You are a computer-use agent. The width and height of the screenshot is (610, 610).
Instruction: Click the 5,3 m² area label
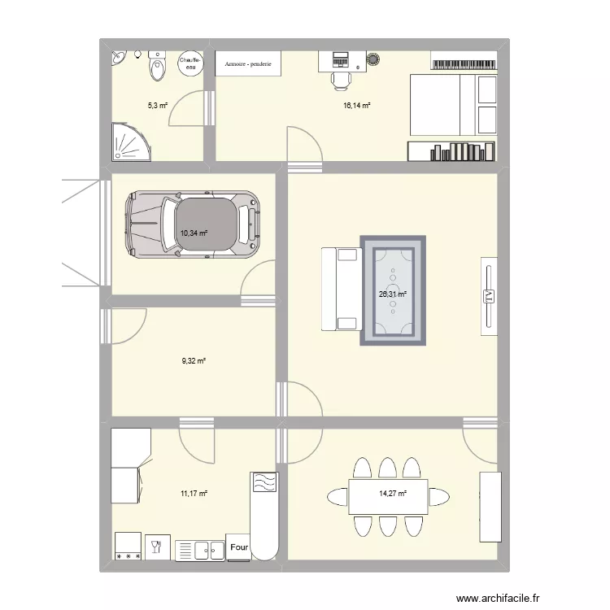pos(157,106)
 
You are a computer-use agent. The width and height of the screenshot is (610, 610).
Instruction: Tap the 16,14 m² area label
pos(356,106)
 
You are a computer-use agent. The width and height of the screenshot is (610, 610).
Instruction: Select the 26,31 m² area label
pos(392,294)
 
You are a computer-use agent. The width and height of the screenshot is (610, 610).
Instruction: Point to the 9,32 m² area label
pos(194,360)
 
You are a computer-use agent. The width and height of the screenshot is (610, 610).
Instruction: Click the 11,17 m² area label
pos(194,492)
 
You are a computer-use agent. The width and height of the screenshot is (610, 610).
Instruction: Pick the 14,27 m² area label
pos(392,492)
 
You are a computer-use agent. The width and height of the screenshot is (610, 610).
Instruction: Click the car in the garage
pos(192,224)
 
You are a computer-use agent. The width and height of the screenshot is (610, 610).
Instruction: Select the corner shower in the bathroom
pos(129,142)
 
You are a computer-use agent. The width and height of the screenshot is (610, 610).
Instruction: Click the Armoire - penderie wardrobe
pos(248,64)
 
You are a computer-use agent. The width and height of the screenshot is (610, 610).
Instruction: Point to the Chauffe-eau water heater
pos(189,63)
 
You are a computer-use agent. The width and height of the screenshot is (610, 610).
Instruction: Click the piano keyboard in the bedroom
pos(462,63)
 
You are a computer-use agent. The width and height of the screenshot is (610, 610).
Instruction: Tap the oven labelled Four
pos(239,547)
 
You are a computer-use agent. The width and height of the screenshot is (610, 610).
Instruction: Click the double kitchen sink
pos(200,550)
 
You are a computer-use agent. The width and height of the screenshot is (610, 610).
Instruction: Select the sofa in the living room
pos(340,290)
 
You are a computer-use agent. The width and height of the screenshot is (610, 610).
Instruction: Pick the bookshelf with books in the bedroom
pos(451,151)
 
